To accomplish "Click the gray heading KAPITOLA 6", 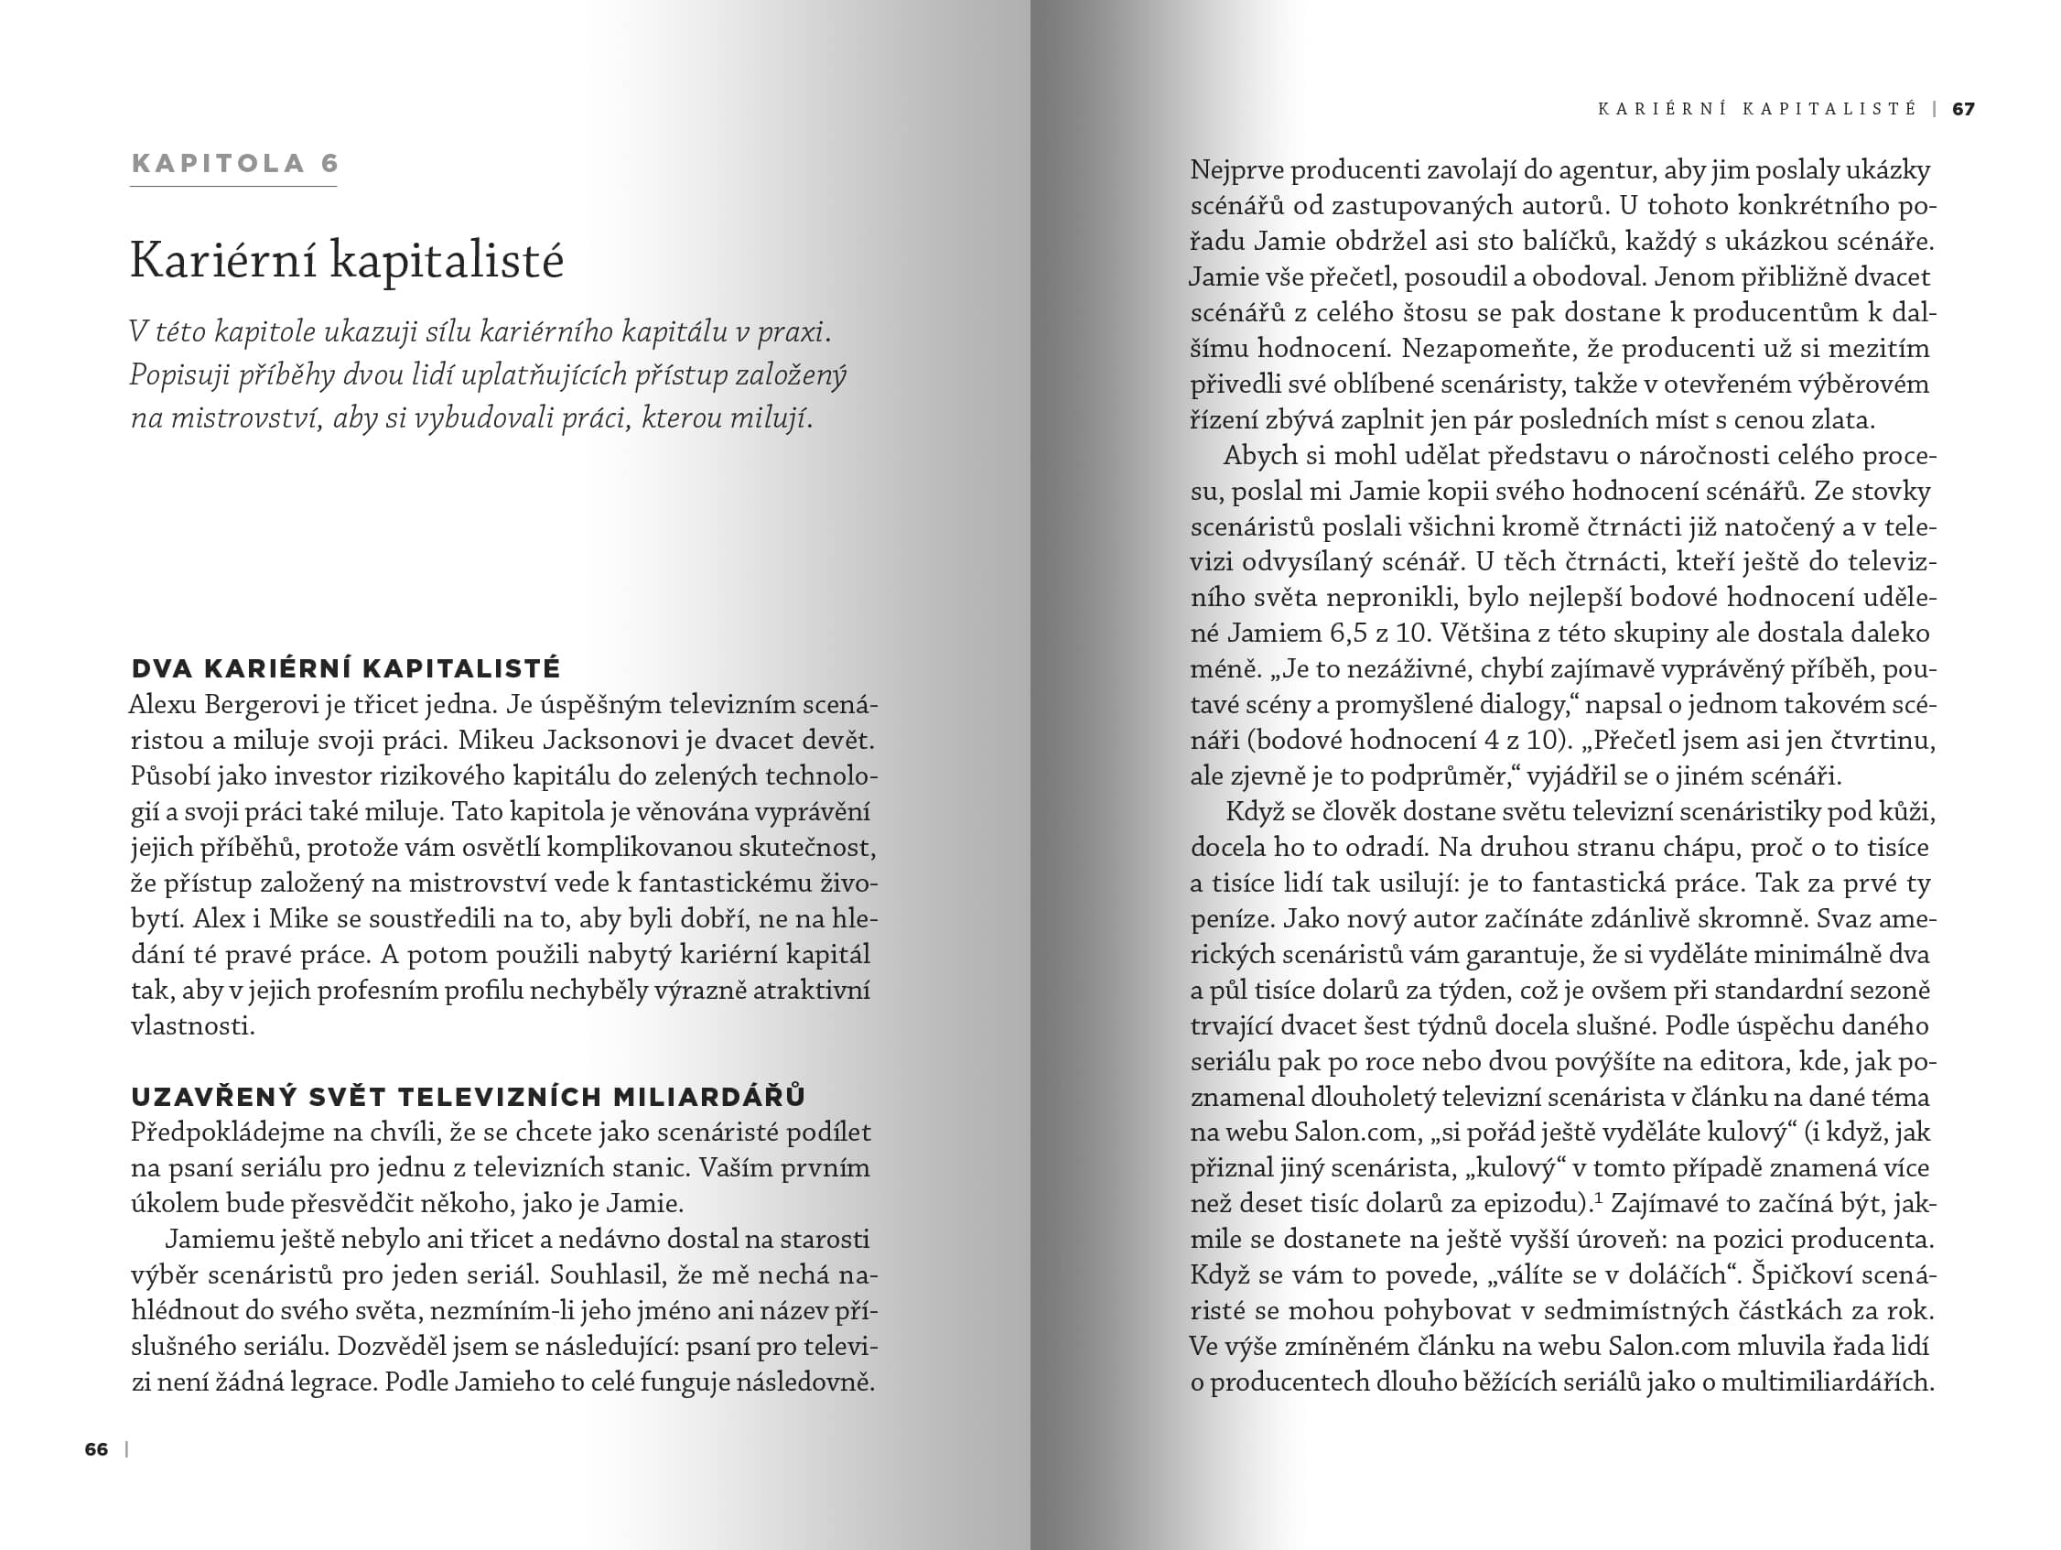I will [x=235, y=164].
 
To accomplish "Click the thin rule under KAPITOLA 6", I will [x=233, y=187].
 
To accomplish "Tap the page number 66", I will [x=96, y=1449].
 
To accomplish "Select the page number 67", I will [x=1963, y=109].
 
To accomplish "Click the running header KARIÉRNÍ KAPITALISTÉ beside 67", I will [x=1757, y=109].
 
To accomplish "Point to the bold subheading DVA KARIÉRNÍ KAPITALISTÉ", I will [x=346, y=668].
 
